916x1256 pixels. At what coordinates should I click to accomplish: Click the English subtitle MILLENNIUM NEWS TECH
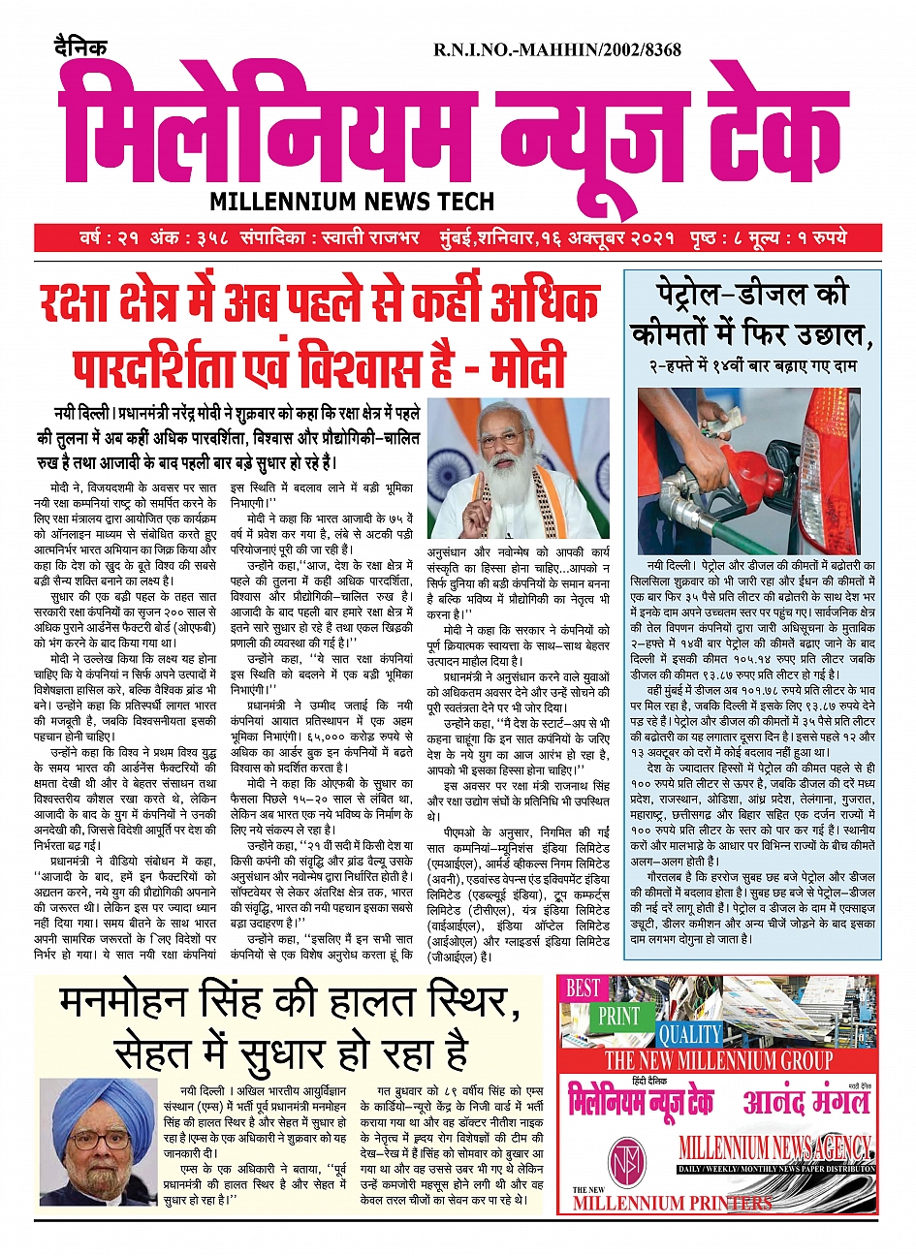352,202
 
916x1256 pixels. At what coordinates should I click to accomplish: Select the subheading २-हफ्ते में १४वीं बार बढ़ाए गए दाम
752,367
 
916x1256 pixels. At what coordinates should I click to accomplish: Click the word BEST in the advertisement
583,989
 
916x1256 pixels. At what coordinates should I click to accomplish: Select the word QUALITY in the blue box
689,1034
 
